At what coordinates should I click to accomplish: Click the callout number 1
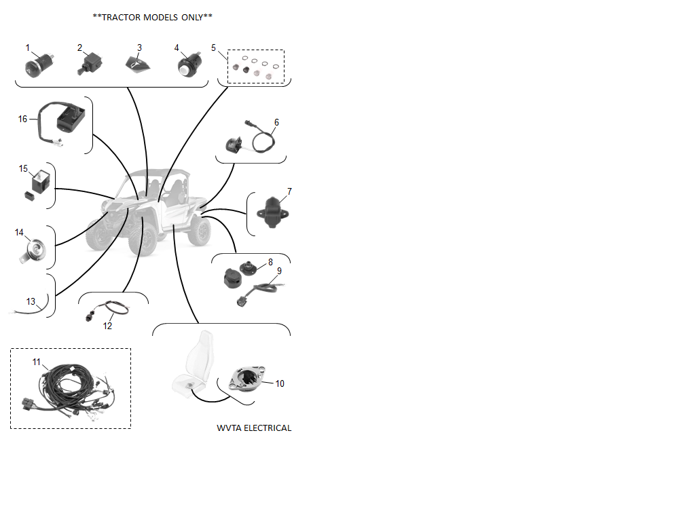tap(28, 48)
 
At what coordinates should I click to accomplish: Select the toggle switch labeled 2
tap(90, 63)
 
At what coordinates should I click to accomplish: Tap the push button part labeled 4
tap(188, 65)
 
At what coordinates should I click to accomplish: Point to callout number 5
tap(213, 48)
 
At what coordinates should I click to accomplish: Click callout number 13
tap(31, 301)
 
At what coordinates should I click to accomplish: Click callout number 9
tap(279, 271)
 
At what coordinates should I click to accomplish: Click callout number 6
tap(277, 122)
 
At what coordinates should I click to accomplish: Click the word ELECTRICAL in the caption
tap(268, 428)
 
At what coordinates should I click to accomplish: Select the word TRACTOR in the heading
tap(121, 18)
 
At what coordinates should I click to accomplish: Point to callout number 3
tap(139, 48)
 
